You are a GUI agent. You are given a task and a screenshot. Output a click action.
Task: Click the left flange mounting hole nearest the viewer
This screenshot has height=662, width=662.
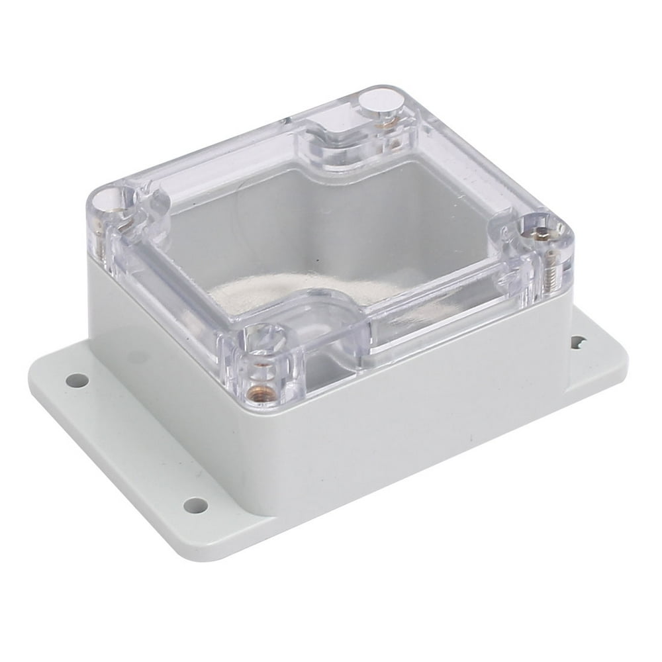click(x=195, y=506)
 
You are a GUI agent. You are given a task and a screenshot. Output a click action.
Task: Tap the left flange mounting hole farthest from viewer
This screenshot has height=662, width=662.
click(x=77, y=381)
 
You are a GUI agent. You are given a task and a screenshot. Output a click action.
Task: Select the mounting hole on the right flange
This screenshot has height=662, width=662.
click(x=578, y=342)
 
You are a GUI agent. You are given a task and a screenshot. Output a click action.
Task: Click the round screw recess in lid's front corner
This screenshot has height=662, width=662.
click(x=267, y=342)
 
